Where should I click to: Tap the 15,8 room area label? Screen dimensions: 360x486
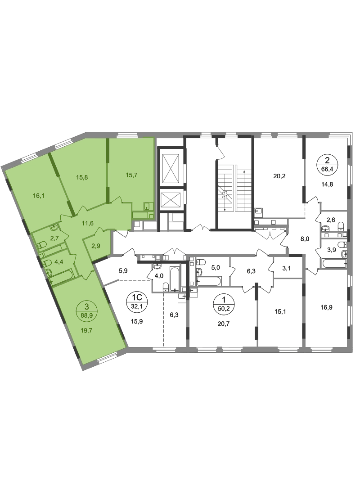[x=82, y=177]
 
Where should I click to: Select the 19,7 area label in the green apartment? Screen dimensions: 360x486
[x=86, y=330]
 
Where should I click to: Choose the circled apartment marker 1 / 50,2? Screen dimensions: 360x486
[x=224, y=303]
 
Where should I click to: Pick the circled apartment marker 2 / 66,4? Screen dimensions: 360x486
[x=327, y=164]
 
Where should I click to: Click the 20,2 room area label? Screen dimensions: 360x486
[x=279, y=176]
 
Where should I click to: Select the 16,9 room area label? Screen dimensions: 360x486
[x=327, y=307]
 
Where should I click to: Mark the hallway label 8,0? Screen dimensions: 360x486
[x=305, y=239]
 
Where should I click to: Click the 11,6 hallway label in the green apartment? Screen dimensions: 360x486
[x=88, y=223]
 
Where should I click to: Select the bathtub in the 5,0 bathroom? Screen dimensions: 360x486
[x=209, y=281]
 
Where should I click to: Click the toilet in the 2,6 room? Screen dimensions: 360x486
[x=341, y=225]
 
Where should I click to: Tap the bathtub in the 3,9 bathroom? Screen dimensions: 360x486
[x=334, y=264]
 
